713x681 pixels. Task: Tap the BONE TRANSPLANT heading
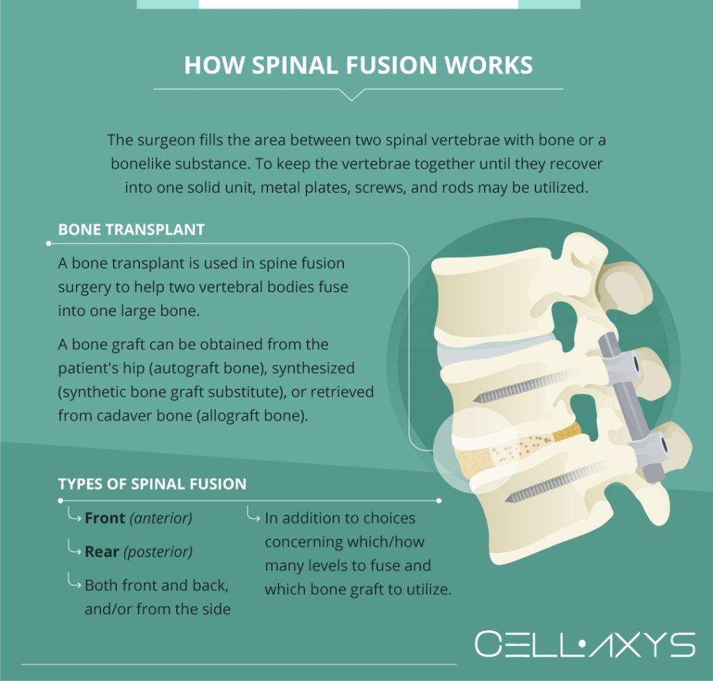click(131, 230)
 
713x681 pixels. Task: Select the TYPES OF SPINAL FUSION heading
click(152, 484)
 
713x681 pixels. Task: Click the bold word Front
click(105, 519)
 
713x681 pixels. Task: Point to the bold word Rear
click(102, 552)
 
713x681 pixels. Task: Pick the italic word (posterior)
click(158, 552)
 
